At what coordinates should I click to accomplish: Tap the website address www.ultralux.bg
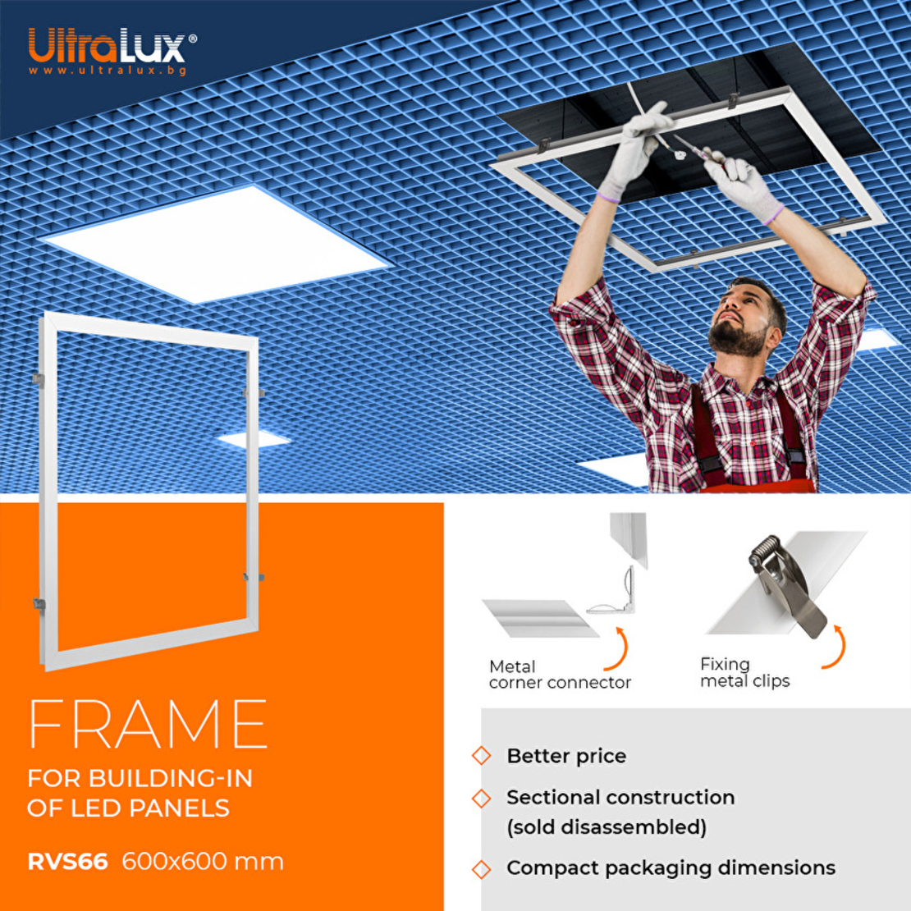click(108, 71)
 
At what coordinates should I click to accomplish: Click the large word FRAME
click(148, 724)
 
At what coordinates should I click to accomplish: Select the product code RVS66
click(67, 862)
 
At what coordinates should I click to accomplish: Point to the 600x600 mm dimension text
click(203, 861)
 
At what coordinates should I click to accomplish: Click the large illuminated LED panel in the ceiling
click(216, 243)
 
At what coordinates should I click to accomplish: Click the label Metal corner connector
click(560, 674)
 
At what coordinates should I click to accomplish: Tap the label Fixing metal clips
click(745, 672)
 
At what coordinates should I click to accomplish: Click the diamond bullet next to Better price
click(481, 756)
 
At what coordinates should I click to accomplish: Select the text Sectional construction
click(620, 798)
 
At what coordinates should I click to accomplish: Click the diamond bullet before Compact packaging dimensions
click(481, 870)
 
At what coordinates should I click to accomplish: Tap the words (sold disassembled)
click(607, 827)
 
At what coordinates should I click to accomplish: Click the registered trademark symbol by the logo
click(193, 39)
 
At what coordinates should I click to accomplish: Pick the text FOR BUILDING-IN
click(140, 778)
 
